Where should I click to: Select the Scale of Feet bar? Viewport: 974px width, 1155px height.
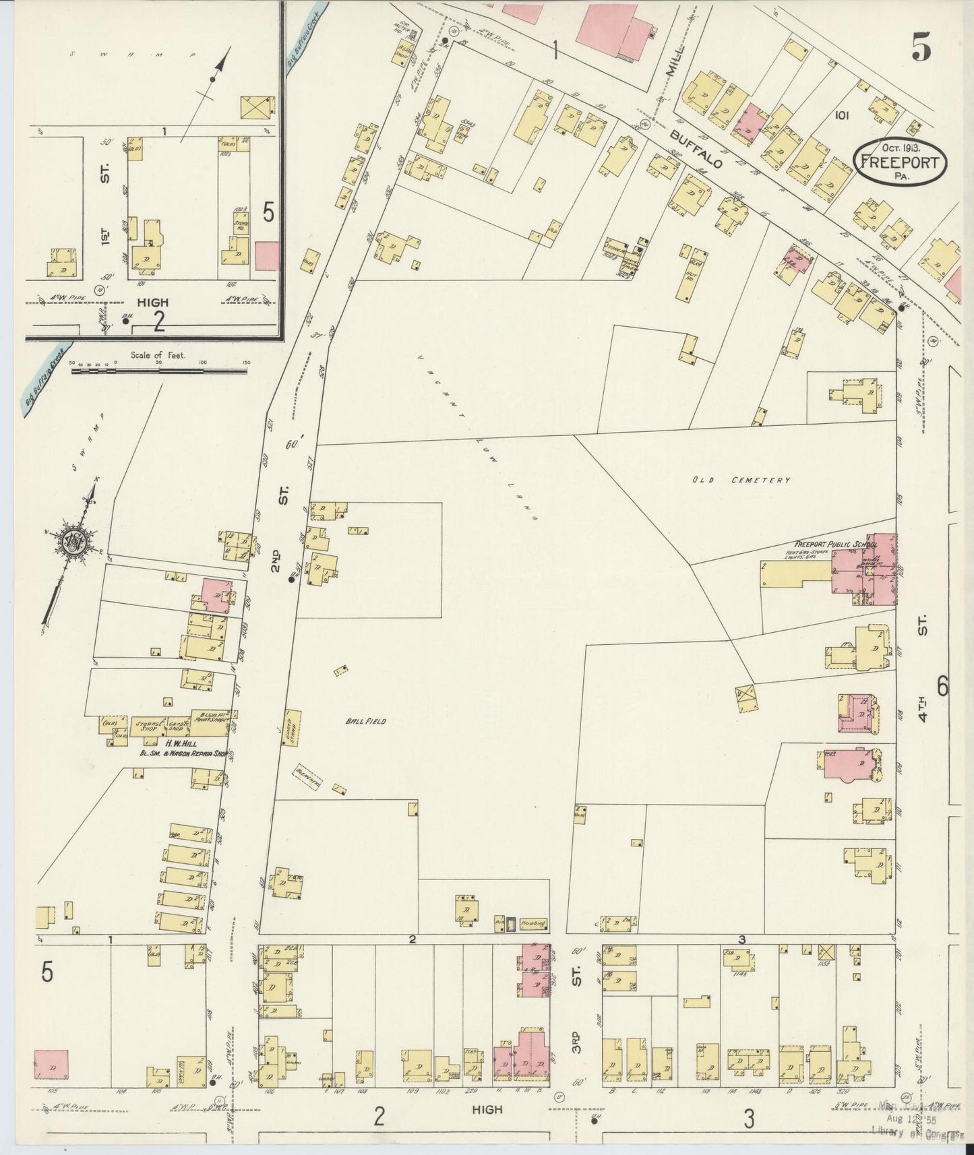(160, 370)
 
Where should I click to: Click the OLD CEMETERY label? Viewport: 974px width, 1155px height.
(740, 480)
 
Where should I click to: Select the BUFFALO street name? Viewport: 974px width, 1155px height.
(697, 150)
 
